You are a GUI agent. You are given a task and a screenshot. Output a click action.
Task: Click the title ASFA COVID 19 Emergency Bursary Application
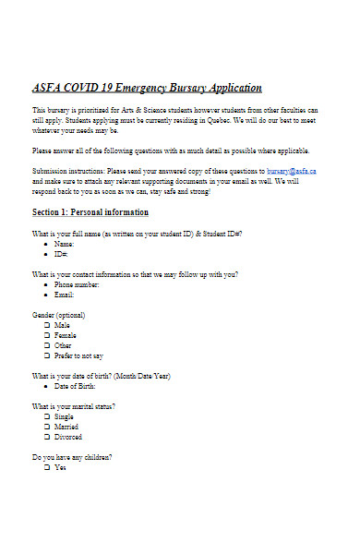(x=147, y=89)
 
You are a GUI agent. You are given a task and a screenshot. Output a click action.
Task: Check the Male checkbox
(x=47, y=326)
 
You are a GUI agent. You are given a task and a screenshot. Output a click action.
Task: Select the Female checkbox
(x=47, y=336)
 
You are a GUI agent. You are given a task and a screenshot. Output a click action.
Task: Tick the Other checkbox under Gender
(x=47, y=346)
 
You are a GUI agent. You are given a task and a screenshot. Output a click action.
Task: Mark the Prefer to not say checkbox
(x=47, y=355)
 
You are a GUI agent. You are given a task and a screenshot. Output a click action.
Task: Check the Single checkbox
(x=47, y=416)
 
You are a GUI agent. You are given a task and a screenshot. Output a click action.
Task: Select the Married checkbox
(x=47, y=427)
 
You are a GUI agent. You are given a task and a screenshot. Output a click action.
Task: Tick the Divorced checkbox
(x=47, y=437)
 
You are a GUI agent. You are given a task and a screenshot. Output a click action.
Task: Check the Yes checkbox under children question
(x=47, y=467)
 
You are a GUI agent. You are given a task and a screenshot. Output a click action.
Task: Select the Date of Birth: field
(x=76, y=386)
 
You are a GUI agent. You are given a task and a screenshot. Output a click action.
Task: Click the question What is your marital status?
(x=74, y=406)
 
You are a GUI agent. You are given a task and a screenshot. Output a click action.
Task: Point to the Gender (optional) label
(x=59, y=316)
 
